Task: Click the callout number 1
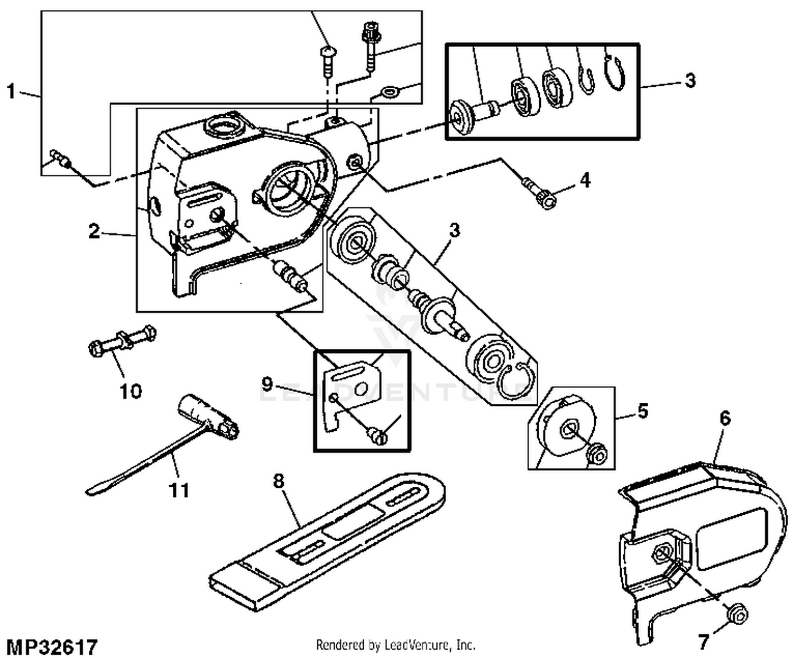11,90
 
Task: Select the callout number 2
94,231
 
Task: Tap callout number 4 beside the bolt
584,180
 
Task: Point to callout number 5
642,411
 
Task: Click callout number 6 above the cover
725,419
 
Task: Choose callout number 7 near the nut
703,642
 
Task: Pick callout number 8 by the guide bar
279,481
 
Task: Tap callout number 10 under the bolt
131,392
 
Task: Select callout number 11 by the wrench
178,490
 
